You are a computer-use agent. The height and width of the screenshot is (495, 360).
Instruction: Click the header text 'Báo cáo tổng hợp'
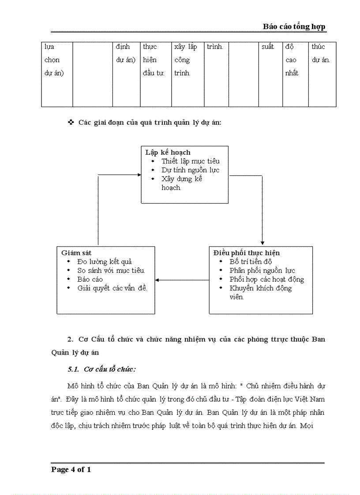click(294, 26)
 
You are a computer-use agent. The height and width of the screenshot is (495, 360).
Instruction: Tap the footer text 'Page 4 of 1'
click(71, 469)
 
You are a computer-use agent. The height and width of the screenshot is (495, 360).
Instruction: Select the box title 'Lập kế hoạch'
click(168, 153)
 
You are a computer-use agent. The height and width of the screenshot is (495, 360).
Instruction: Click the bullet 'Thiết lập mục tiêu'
click(190, 161)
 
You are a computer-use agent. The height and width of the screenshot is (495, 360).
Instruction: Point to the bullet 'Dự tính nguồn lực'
click(190, 170)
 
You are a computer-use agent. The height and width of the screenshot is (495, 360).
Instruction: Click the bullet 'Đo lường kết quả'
click(105, 262)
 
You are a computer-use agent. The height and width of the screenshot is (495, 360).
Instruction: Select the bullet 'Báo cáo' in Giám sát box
click(90, 279)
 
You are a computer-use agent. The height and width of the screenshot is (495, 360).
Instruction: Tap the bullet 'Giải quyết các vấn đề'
click(112, 288)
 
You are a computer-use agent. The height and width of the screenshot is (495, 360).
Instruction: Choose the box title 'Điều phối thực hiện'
click(246, 253)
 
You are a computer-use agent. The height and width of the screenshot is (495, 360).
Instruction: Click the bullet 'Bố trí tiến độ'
click(251, 262)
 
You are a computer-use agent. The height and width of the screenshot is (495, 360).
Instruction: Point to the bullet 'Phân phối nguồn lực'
click(262, 271)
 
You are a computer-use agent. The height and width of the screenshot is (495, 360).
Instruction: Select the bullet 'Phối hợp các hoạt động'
click(266, 279)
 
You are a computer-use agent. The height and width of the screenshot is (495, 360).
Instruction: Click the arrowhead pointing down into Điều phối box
click(262, 243)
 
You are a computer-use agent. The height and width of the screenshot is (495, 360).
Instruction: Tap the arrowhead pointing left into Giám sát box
click(157, 280)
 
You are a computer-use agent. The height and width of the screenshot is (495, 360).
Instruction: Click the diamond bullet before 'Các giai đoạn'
click(71, 122)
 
